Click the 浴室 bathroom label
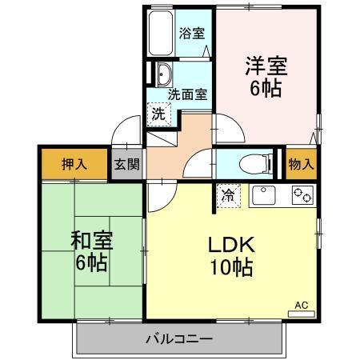point(192,34)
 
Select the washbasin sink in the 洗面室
point(163,75)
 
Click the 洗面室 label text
point(187,94)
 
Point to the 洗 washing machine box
point(158,113)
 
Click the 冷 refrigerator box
point(228,194)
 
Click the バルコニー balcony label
point(179,338)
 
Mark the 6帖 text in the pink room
point(266,88)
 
